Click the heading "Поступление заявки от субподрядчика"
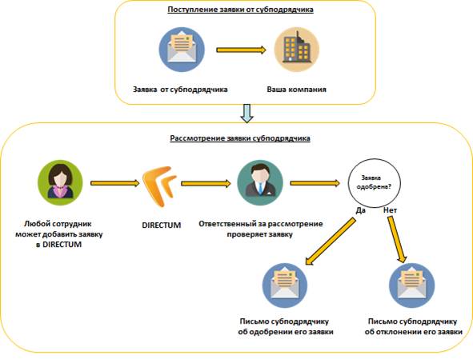click(x=240, y=10)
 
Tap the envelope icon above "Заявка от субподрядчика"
click(x=182, y=50)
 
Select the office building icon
click(x=297, y=50)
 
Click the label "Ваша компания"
click(x=297, y=90)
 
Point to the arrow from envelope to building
click(x=242, y=50)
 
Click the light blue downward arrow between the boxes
click(x=247, y=114)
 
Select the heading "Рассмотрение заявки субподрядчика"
click(x=240, y=138)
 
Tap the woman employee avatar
click(x=60, y=182)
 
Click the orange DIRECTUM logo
click(x=159, y=186)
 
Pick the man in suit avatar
click(x=260, y=182)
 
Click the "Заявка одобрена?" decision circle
click(x=375, y=183)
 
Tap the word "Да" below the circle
click(x=360, y=210)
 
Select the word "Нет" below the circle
click(x=390, y=210)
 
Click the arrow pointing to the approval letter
click(x=331, y=241)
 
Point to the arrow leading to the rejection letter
click(x=397, y=240)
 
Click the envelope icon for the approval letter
click(x=285, y=285)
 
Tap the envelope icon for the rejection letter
click(x=411, y=285)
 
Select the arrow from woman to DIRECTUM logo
click(x=115, y=183)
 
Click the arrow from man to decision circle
click(x=315, y=183)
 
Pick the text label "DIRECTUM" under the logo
click(x=162, y=225)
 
